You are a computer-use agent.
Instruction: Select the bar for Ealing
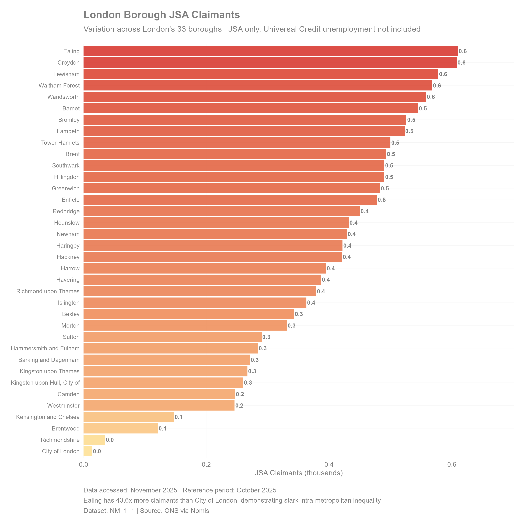point(270,51)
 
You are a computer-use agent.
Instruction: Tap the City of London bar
point(88,451)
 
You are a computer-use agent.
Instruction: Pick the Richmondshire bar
point(94,440)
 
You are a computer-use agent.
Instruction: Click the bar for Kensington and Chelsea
point(128,417)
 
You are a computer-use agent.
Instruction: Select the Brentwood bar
point(120,428)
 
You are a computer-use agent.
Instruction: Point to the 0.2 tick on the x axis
point(206,464)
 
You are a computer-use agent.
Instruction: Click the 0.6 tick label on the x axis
point(452,464)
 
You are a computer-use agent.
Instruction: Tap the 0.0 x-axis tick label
point(83,464)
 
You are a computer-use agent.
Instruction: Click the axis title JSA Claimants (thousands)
point(299,473)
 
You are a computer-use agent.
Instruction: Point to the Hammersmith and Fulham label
point(45,348)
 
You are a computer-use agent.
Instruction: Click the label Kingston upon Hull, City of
point(45,383)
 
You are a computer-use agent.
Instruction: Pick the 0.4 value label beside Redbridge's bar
point(364,211)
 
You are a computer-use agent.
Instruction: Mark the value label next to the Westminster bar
point(239,406)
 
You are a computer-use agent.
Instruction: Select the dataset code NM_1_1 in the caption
point(122,511)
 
